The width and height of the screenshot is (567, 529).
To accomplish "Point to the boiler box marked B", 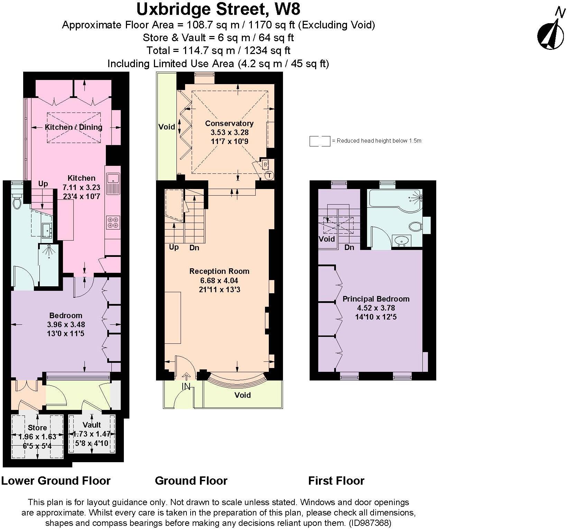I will [x=265, y=164].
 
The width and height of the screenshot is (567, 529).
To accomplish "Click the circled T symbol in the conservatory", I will [x=269, y=176].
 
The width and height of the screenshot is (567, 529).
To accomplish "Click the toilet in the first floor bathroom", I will [x=415, y=227].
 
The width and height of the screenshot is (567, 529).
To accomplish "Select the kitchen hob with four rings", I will [x=113, y=222].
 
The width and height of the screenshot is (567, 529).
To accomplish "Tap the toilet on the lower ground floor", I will [x=17, y=203].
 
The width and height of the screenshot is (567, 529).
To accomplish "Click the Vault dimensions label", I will [x=92, y=438].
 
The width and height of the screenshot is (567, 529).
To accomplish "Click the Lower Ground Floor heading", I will [x=56, y=481].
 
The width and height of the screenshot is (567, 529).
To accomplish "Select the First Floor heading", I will [x=336, y=481].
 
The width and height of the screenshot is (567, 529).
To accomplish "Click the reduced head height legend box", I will [x=319, y=141].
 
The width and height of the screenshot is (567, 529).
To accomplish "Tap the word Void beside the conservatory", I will [x=166, y=127].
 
